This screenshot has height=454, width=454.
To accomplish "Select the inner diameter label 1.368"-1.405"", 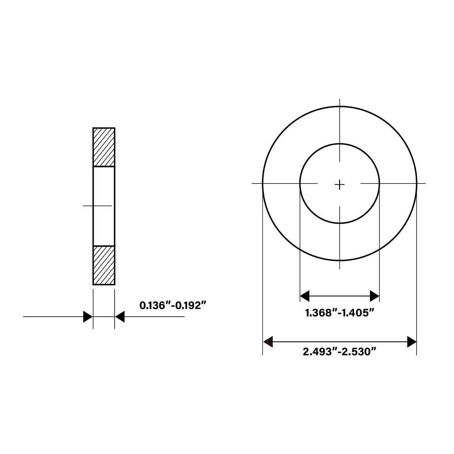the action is (340, 313).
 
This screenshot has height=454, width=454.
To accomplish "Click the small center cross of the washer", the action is (339, 185).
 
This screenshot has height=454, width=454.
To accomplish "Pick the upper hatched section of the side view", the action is (104, 147).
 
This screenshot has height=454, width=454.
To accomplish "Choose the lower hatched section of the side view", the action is (104, 265).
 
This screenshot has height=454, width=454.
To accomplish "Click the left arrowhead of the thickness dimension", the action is (88, 317).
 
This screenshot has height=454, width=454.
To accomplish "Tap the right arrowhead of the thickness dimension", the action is (120, 317).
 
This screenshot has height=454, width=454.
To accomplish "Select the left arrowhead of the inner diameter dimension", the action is (305, 296).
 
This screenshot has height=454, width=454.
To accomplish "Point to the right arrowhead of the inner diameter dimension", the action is (375, 296).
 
